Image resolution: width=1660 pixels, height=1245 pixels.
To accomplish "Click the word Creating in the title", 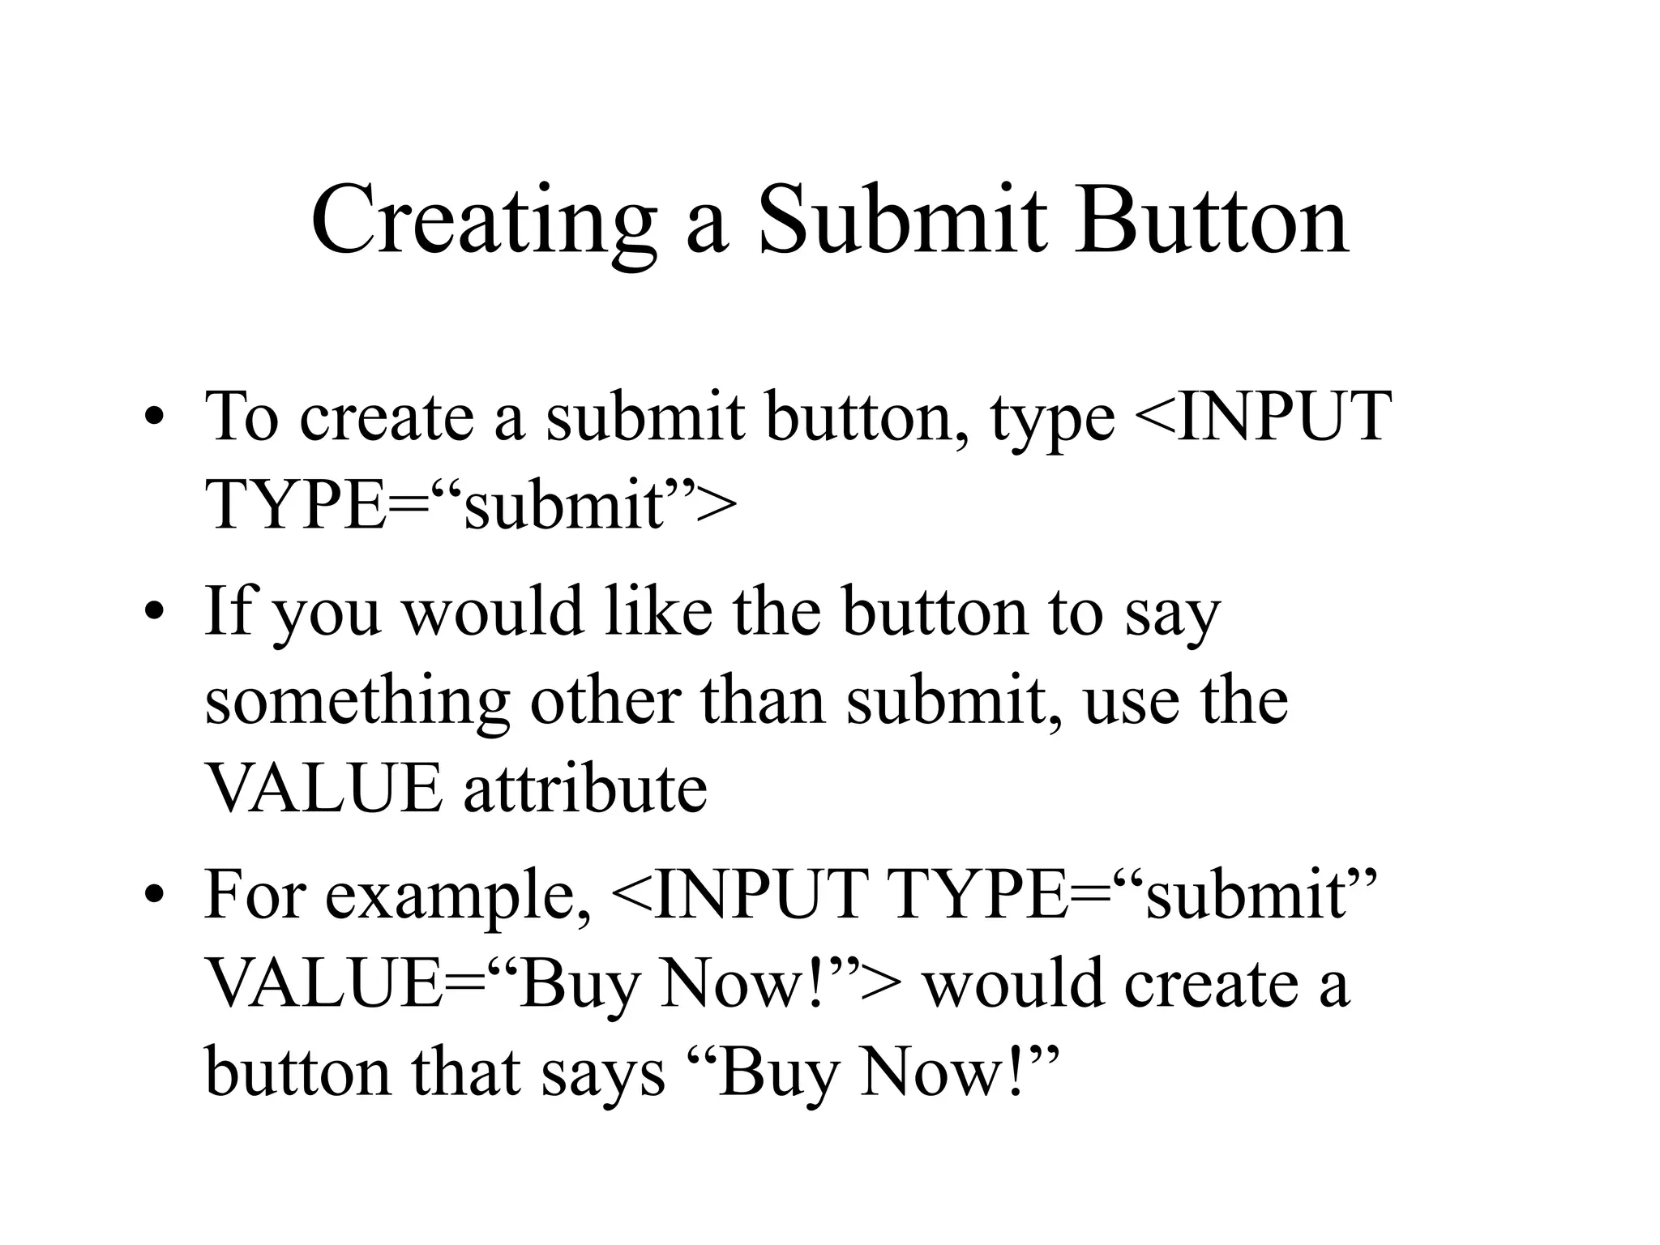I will click(x=483, y=222).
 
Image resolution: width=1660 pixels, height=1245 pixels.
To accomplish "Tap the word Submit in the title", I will click(x=902, y=222).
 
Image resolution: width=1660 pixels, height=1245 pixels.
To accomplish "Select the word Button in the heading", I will click(x=1212, y=222).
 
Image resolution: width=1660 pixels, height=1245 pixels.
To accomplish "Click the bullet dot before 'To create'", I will click(x=153, y=419).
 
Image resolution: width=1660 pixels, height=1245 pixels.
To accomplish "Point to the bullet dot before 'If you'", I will click(x=153, y=613).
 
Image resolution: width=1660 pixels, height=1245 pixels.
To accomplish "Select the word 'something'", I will click(x=357, y=702).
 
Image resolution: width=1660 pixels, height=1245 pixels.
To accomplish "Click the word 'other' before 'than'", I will click(x=604, y=700).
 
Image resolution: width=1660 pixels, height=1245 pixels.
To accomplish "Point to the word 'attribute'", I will click(x=585, y=789).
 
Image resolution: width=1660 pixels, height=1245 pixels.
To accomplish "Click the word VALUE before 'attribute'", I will click(x=324, y=789).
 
